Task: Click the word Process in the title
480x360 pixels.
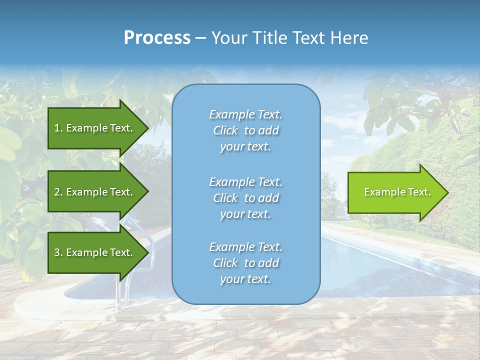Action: [157, 37]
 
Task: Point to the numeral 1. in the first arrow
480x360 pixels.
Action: [58, 128]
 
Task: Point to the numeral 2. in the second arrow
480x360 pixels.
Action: [58, 192]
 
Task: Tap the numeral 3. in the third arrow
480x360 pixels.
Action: [58, 252]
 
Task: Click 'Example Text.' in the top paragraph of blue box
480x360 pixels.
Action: [245, 114]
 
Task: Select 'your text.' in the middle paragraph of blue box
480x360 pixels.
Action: [245, 214]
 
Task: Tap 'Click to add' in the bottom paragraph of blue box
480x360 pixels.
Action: [245, 263]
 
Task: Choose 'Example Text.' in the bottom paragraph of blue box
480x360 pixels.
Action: [245, 247]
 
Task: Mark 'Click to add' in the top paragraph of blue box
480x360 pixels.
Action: [245, 130]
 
